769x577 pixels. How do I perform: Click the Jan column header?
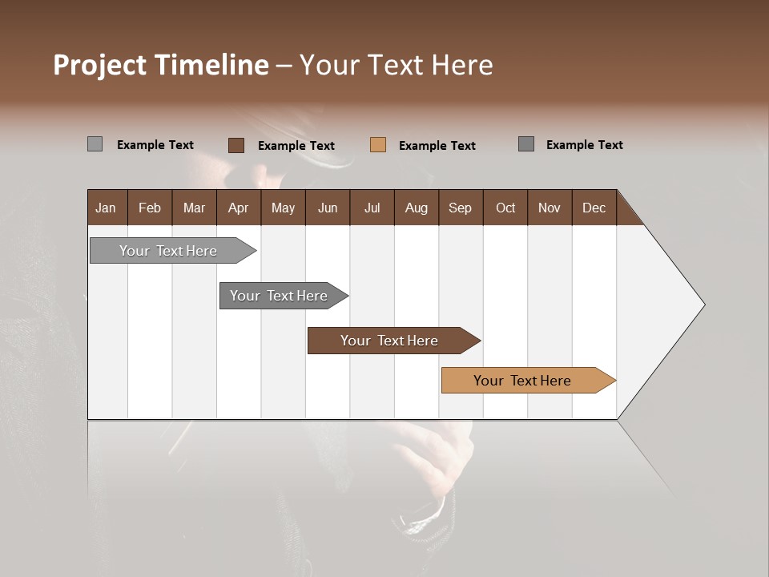tap(107, 208)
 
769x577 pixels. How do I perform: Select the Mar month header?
tap(194, 208)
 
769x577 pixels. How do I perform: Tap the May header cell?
tap(283, 208)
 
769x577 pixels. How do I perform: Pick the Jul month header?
tap(372, 208)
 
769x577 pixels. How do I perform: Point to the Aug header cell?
tap(416, 208)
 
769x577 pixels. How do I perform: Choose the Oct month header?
tap(505, 208)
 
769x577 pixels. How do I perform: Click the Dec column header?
tap(594, 208)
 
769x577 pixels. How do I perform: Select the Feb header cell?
tap(150, 208)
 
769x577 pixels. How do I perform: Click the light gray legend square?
tap(95, 144)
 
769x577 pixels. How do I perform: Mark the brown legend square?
tap(236, 145)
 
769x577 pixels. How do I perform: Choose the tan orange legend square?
tap(378, 145)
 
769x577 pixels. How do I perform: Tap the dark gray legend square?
tap(525, 144)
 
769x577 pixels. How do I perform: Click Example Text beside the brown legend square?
tap(296, 146)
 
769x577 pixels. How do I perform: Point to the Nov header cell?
tap(550, 208)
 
